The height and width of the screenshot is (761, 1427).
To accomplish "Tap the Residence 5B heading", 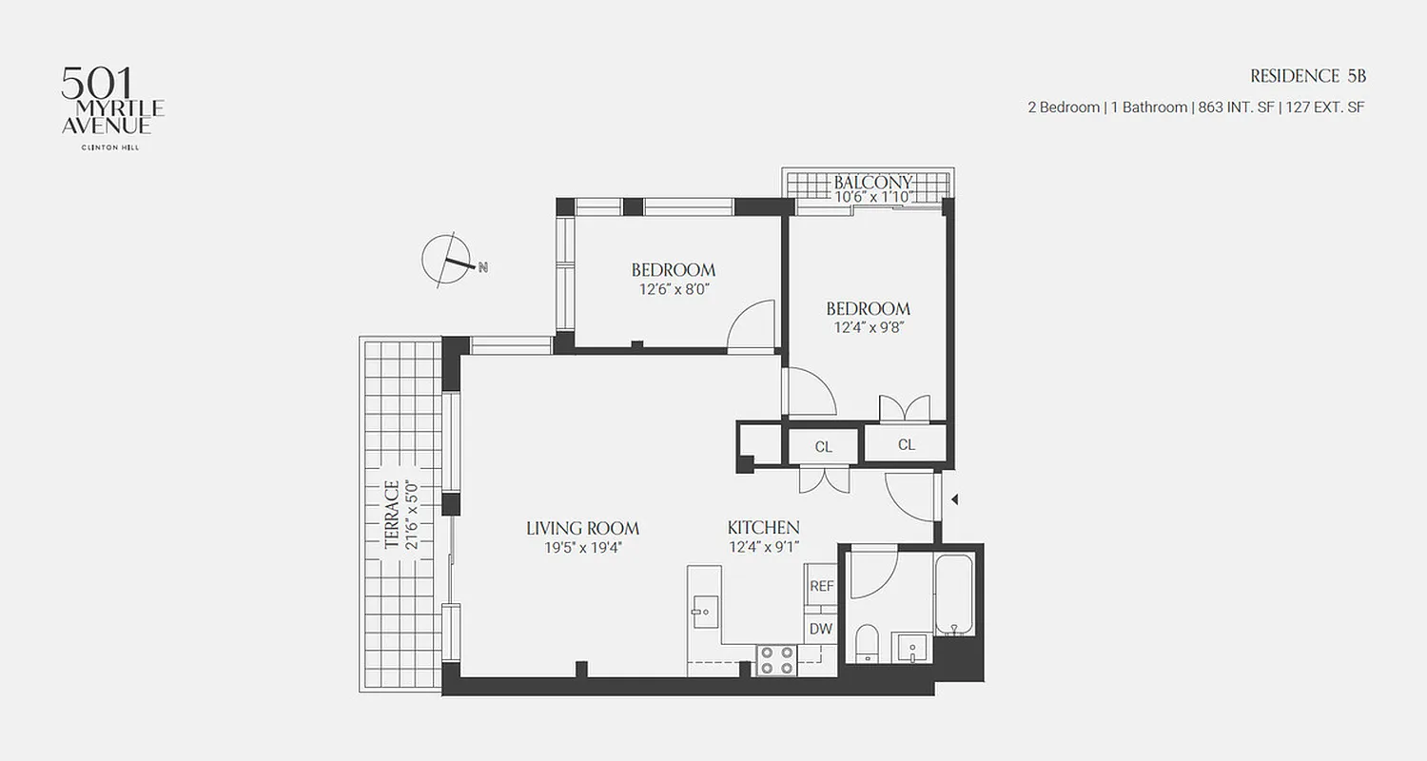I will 1307,76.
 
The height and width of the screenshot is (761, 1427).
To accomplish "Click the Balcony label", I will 872,182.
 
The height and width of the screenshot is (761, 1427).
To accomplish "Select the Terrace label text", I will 391,515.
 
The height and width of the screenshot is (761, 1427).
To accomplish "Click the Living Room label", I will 582,528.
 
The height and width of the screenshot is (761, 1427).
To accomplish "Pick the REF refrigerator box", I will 821,586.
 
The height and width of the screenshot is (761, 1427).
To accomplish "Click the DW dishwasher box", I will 821,629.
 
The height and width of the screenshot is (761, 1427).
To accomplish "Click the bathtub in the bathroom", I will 953,596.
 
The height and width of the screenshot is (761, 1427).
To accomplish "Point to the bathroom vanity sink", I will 912,649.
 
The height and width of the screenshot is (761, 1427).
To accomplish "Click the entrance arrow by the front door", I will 955,499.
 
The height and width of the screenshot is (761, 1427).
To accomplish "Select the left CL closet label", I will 824,445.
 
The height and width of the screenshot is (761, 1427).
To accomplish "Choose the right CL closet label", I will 906,444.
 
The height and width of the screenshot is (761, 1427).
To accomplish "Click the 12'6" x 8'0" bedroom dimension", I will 674,288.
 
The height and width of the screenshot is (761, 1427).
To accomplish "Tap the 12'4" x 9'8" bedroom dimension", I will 868,327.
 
